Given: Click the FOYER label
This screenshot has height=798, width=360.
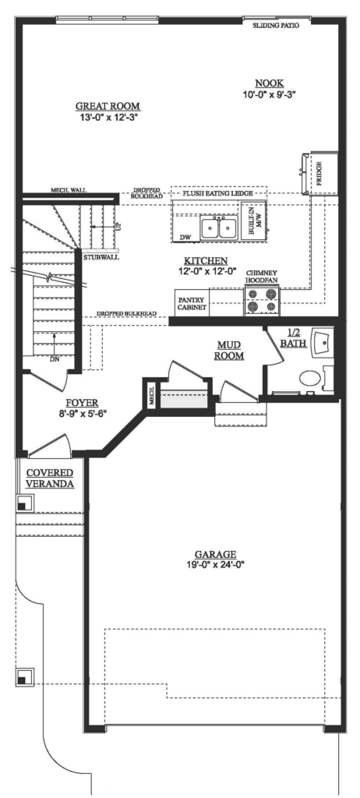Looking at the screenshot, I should (82, 402).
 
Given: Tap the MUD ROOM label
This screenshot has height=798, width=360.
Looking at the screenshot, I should (231, 349).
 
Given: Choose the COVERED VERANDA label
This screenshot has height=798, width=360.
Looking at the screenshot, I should (50, 478).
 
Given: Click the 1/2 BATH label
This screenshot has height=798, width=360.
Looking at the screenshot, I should (294, 337).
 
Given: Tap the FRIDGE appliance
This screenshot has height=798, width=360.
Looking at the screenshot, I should (319, 171).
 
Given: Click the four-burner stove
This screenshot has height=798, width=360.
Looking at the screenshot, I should (262, 300).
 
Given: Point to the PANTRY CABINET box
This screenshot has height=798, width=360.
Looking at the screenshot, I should (192, 304).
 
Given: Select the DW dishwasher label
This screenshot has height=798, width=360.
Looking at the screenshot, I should (185, 236).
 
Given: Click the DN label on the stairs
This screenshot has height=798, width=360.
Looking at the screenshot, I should (55, 359).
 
